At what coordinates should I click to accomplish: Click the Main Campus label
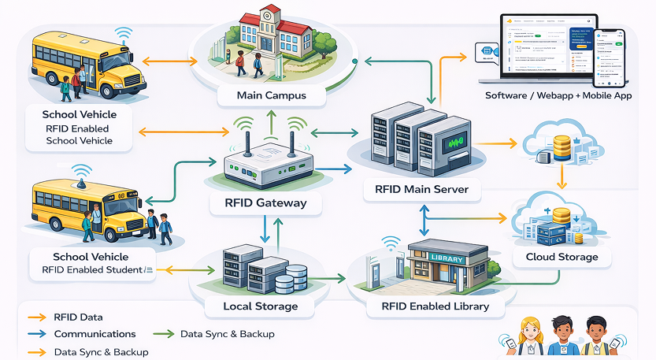tap(271, 96)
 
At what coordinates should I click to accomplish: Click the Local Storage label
tap(261, 306)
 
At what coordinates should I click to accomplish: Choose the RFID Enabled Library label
tap(435, 306)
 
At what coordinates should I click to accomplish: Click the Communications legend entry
tap(95, 334)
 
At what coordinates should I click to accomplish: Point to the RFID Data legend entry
tap(79, 317)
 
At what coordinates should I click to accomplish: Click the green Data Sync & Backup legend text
tap(228, 334)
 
